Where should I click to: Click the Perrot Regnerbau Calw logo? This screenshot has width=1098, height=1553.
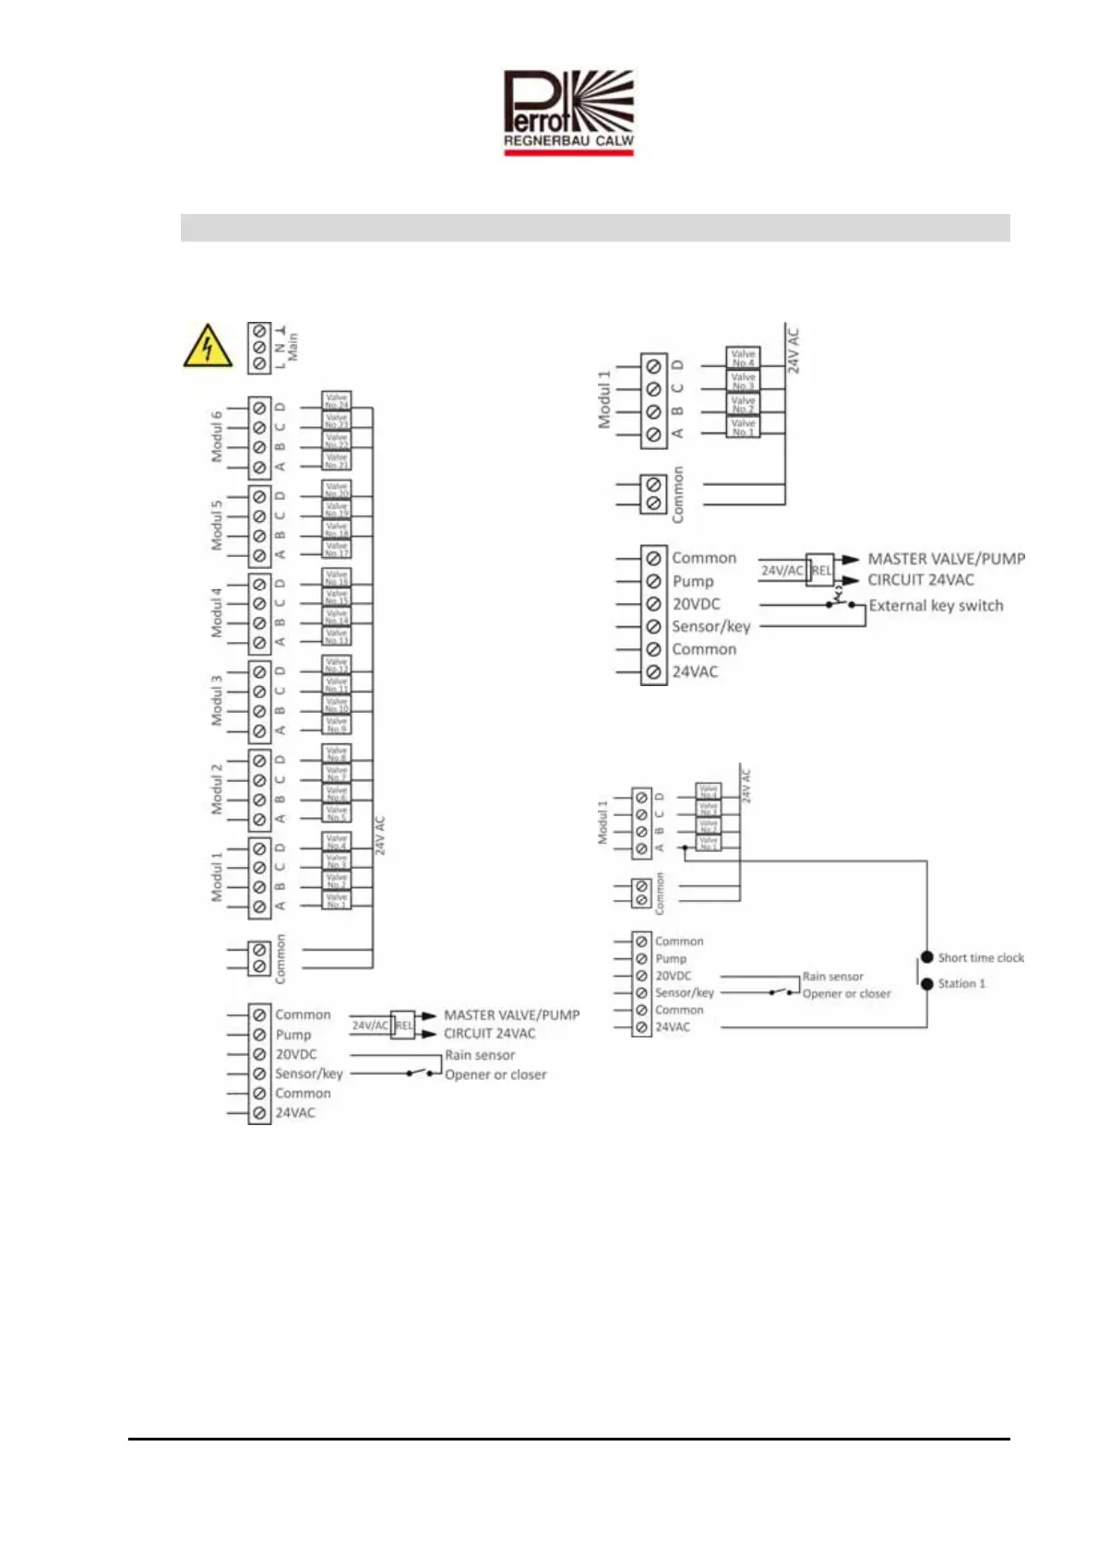point(568,113)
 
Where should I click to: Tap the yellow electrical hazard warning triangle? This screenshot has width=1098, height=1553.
point(208,347)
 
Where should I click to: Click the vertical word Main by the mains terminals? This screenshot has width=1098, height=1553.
point(292,347)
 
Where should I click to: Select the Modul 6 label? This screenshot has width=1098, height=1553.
point(217,436)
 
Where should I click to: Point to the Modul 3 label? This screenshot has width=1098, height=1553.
point(217,700)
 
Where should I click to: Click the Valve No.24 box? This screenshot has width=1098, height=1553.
point(337,400)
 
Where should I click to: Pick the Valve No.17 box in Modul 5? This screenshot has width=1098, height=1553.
point(337,550)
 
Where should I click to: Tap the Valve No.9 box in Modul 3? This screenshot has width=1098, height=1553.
point(337,726)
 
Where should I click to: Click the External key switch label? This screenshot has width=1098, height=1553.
point(936,606)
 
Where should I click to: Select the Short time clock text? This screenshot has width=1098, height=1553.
point(981,958)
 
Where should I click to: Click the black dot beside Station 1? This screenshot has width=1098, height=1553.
point(927,984)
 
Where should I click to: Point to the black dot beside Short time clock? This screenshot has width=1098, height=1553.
point(927,957)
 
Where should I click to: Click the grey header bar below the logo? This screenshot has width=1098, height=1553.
point(595,228)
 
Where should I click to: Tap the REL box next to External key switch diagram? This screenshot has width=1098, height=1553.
point(821,570)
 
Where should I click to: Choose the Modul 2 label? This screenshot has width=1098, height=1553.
point(217,788)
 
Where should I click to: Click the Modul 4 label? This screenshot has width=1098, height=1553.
point(217,612)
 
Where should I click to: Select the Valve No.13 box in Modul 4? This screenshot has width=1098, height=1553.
point(337,637)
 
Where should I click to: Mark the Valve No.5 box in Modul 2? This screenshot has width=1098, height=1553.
point(337,813)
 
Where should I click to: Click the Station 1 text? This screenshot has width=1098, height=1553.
point(961,984)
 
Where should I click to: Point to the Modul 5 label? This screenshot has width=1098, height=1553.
point(217,525)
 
